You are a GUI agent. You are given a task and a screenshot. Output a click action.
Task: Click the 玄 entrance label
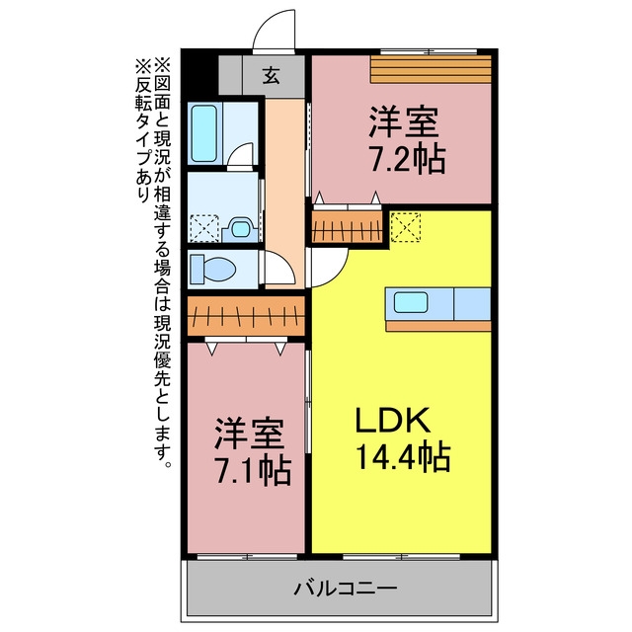(x=271, y=75)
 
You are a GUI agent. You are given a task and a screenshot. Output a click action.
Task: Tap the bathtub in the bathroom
(x=204, y=133)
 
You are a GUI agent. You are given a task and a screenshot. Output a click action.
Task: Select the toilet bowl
(x=213, y=269)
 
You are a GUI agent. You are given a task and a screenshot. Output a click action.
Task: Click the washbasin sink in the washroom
(x=240, y=229)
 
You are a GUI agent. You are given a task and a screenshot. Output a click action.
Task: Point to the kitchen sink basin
(x=411, y=302)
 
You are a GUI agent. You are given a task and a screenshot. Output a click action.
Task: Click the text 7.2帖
(x=408, y=160)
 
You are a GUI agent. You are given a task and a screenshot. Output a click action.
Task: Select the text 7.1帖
(x=253, y=471)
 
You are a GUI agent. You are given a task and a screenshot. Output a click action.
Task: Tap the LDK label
(x=391, y=420)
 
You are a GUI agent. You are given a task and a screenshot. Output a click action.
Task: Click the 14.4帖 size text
(x=403, y=457)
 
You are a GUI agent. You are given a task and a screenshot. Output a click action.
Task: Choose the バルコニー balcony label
(x=346, y=589)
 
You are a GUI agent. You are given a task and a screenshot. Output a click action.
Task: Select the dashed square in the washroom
(x=204, y=228)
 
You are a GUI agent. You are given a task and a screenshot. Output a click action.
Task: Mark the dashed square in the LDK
(x=406, y=228)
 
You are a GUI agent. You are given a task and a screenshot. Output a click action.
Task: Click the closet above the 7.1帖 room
(x=246, y=316)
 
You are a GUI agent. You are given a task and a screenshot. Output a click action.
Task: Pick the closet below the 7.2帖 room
(x=348, y=227)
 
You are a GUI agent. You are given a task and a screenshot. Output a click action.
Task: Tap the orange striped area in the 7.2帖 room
(x=431, y=69)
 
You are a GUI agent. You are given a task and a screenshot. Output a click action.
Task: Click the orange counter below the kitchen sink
(x=438, y=326)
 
